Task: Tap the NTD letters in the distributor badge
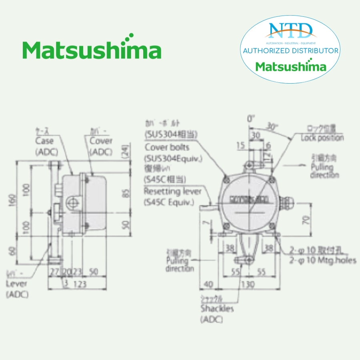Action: [x=290, y=30]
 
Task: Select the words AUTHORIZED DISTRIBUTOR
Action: [x=291, y=51]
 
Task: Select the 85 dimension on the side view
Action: [x=126, y=192]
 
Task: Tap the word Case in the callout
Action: [x=44, y=141]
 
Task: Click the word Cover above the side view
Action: [x=101, y=141]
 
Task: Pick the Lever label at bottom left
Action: [x=17, y=284]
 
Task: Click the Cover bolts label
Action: [x=167, y=148]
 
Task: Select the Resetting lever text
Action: [x=173, y=192]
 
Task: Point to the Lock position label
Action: [x=322, y=138]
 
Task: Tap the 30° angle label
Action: [x=272, y=128]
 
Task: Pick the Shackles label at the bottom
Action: [x=217, y=309]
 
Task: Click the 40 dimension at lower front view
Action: [x=208, y=284]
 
